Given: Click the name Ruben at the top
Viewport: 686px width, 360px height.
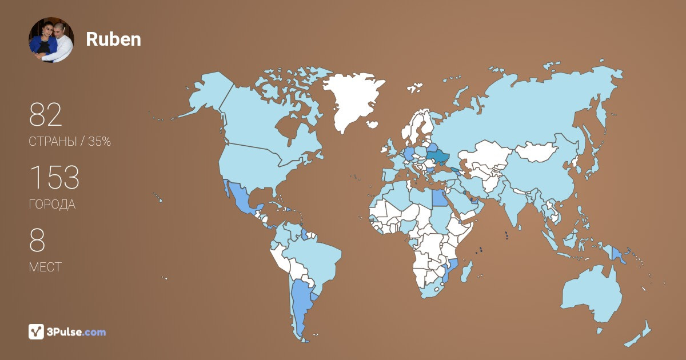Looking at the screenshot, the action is pyautogui.click(x=113, y=39).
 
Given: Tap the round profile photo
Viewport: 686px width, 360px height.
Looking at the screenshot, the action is pyautogui.click(x=51, y=39).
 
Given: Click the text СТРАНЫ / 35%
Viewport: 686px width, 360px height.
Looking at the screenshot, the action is pyautogui.click(x=70, y=142).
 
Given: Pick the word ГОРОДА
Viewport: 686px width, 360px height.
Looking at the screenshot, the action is pyautogui.click(x=52, y=205).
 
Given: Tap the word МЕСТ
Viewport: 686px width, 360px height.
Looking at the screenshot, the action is pyautogui.click(x=45, y=267).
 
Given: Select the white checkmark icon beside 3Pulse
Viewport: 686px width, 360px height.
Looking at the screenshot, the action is pyautogui.click(x=36, y=331).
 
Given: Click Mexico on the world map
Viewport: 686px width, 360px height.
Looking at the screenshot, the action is pyautogui.click(x=240, y=200).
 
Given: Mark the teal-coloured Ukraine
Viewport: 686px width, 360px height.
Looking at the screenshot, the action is pyautogui.click(x=438, y=156).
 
